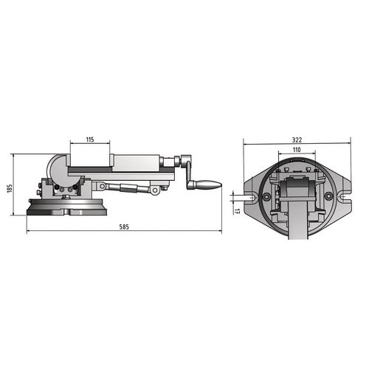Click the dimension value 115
coord(89,139)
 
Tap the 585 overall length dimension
coord(124,227)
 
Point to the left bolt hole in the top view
coord(263,198)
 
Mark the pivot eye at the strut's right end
coord(155,190)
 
